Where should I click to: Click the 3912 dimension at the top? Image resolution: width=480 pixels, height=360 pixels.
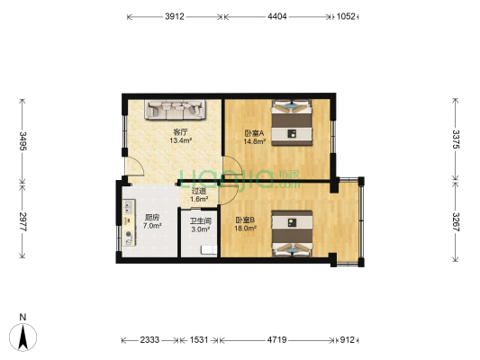(x=177, y=16)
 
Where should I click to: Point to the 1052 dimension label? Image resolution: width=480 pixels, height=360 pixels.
(x=346, y=16)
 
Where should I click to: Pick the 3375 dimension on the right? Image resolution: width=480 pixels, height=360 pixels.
(x=456, y=139)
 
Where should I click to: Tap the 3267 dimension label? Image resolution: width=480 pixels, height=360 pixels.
(x=456, y=221)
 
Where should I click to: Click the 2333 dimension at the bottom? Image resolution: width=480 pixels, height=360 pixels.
(x=149, y=340)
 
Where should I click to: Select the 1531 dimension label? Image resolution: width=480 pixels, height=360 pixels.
(x=198, y=340)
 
